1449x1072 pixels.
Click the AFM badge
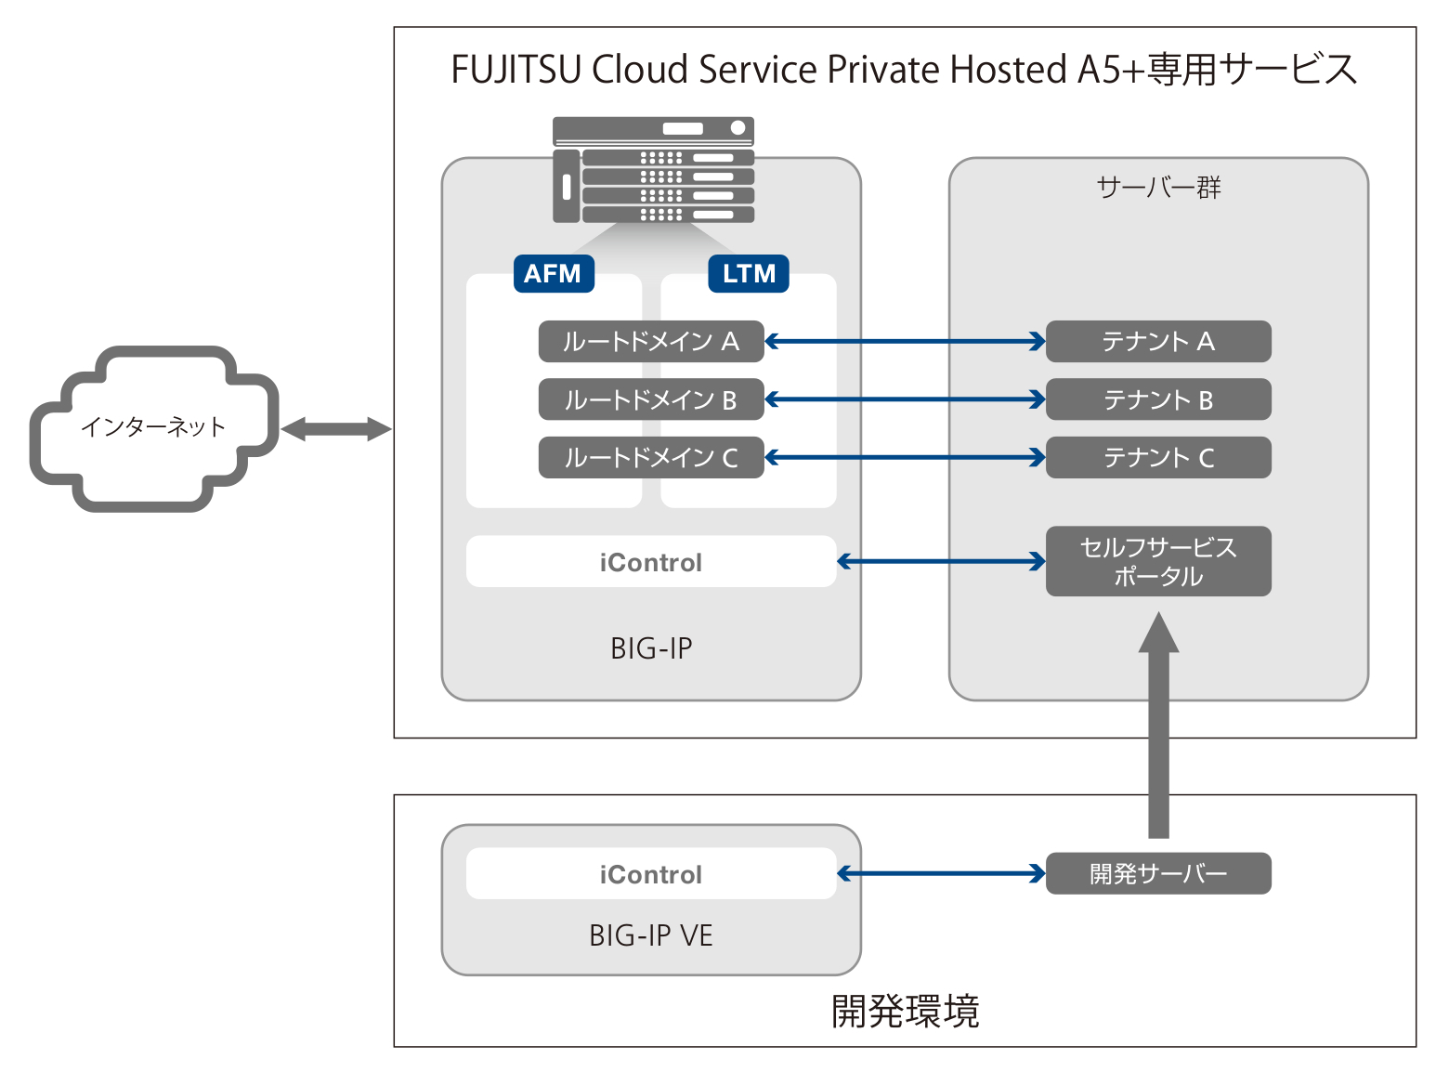click(x=554, y=274)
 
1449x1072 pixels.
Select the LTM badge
click(x=749, y=274)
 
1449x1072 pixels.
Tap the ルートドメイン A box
click(x=650, y=342)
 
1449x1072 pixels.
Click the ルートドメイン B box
click(x=650, y=399)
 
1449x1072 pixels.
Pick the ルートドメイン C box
click(x=650, y=457)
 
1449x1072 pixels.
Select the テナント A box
click(x=1157, y=342)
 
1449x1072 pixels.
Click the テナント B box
click(x=1157, y=399)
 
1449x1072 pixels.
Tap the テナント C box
click(x=1157, y=457)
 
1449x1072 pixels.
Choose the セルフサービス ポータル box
click(x=1157, y=561)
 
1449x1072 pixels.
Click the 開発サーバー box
click(x=1157, y=873)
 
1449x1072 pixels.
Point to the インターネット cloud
click(x=153, y=427)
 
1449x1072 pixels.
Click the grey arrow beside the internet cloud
click(x=335, y=429)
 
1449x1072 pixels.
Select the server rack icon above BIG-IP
click(x=653, y=170)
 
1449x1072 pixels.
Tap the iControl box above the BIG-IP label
click(x=650, y=562)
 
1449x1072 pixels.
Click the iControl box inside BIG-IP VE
click(x=650, y=874)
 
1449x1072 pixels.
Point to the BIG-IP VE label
click(x=650, y=935)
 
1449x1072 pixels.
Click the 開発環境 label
click(x=905, y=1011)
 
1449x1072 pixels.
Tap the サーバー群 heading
click(x=1158, y=188)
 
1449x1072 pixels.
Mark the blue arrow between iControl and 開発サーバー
click(x=941, y=873)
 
